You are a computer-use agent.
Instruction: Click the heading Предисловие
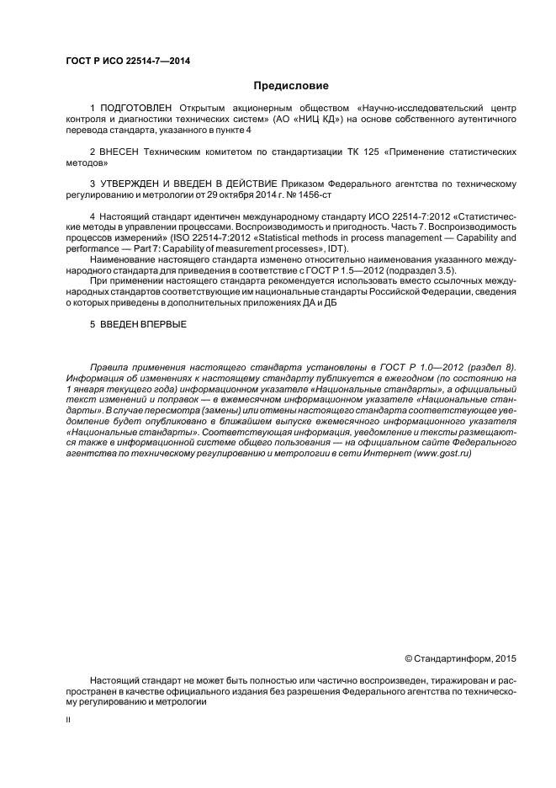point(291,85)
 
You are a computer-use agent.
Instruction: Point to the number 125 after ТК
point(371,152)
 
